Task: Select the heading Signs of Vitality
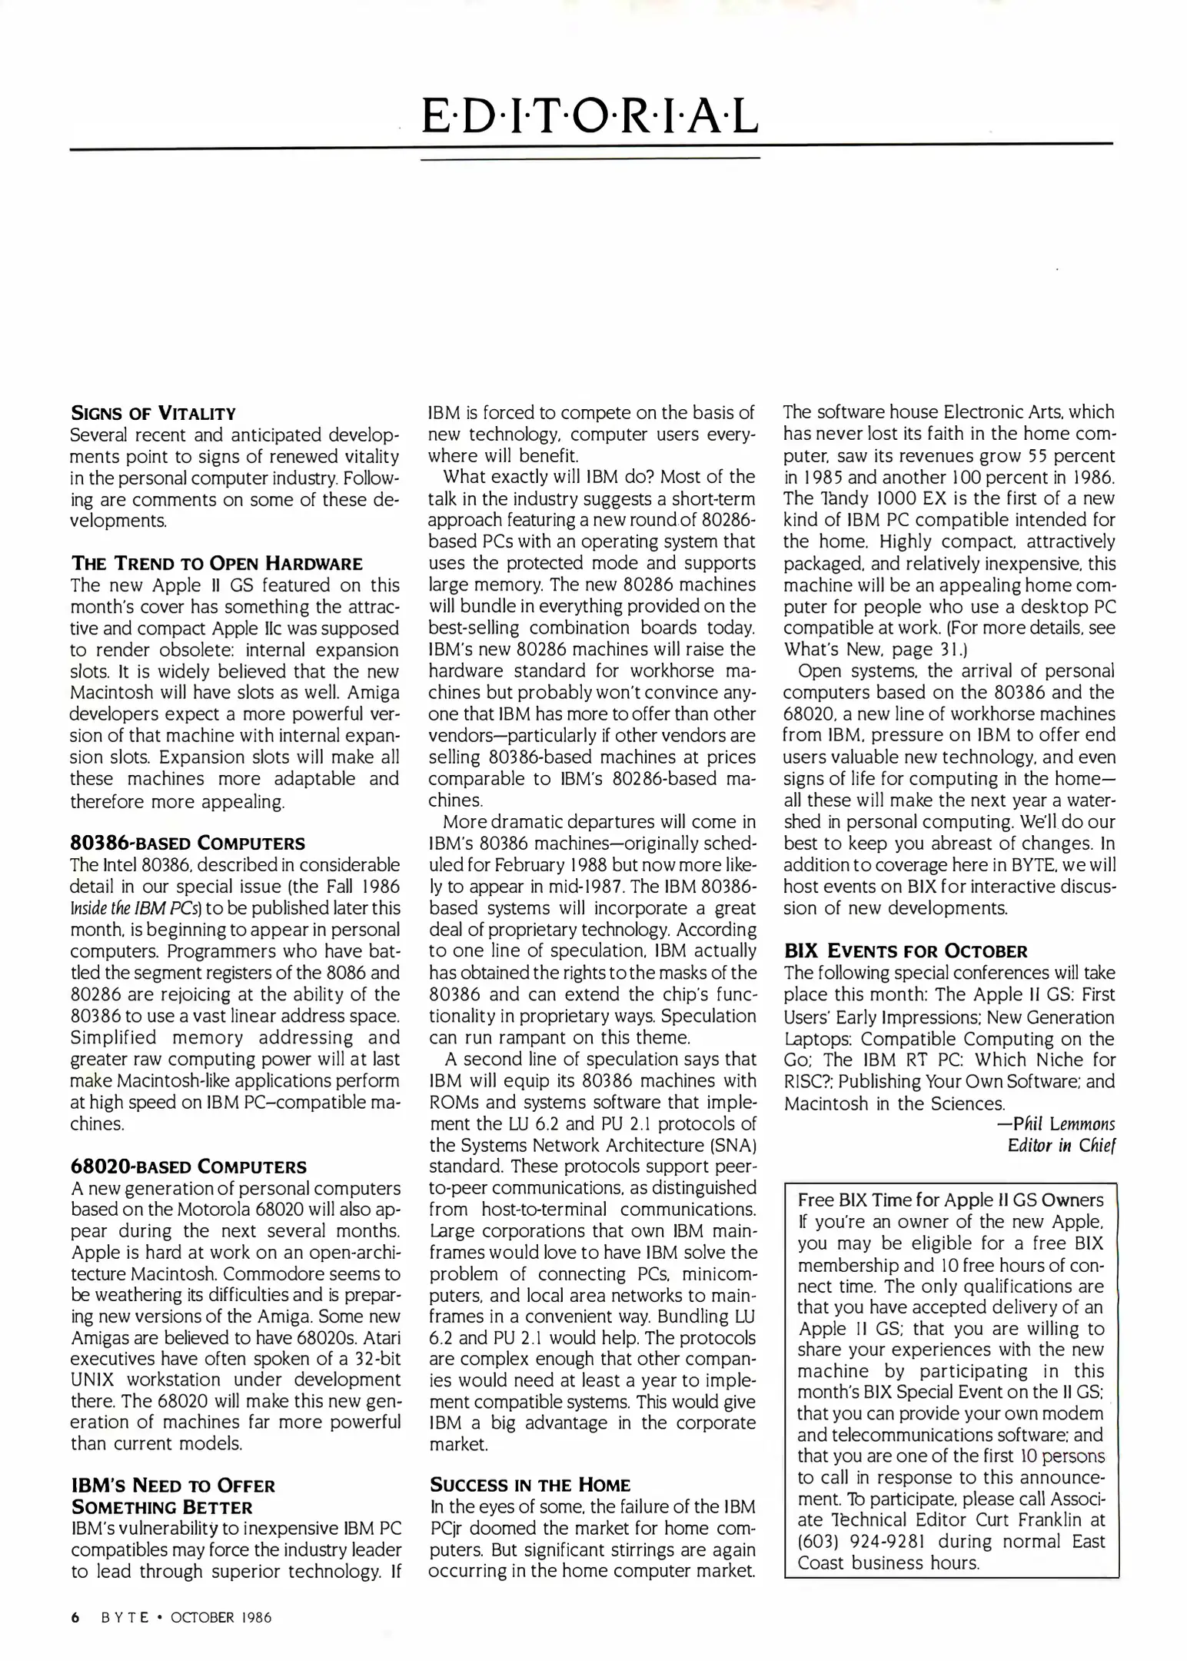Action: point(152,413)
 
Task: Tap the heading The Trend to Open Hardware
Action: point(216,564)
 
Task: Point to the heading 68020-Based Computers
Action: point(188,1167)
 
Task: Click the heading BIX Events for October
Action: point(905,951)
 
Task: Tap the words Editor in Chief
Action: point(1061,1146)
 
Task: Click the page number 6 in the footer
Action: point(75,1617)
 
